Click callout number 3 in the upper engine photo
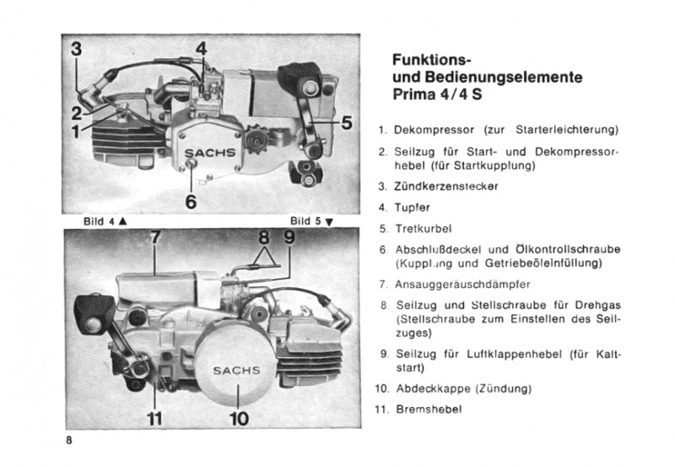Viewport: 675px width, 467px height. click(77, 49)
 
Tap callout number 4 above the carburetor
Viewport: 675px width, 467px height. click(201, 50)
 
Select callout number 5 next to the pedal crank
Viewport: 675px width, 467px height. click(346, 122)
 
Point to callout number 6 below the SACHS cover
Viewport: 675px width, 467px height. click(191, 201)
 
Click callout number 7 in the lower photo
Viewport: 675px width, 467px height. click(154, 239)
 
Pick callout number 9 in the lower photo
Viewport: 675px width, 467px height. click(289, 238)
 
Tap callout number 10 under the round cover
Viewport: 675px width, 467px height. click(239, 417)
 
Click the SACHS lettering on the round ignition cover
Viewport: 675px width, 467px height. click(236, 371)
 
